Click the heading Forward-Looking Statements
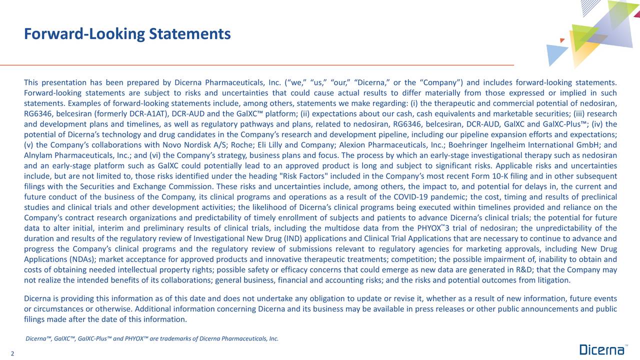pos(127,34)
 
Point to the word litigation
pos(552,280)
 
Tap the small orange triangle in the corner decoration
pos(562,40)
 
